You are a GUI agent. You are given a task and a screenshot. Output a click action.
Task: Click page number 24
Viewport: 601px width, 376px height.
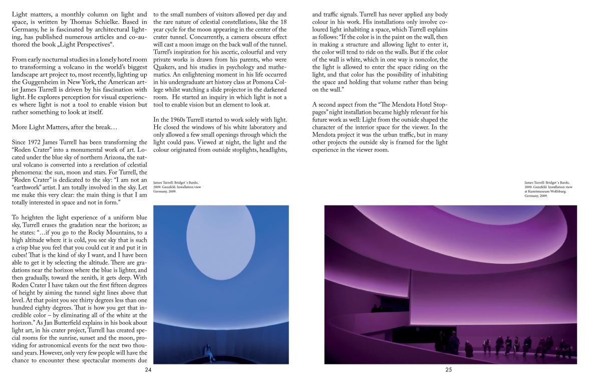click(148, 370)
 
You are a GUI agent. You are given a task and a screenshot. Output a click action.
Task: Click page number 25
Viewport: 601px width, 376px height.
click(448, 370)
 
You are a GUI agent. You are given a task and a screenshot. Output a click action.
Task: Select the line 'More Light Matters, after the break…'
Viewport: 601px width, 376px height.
click(61, 127)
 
